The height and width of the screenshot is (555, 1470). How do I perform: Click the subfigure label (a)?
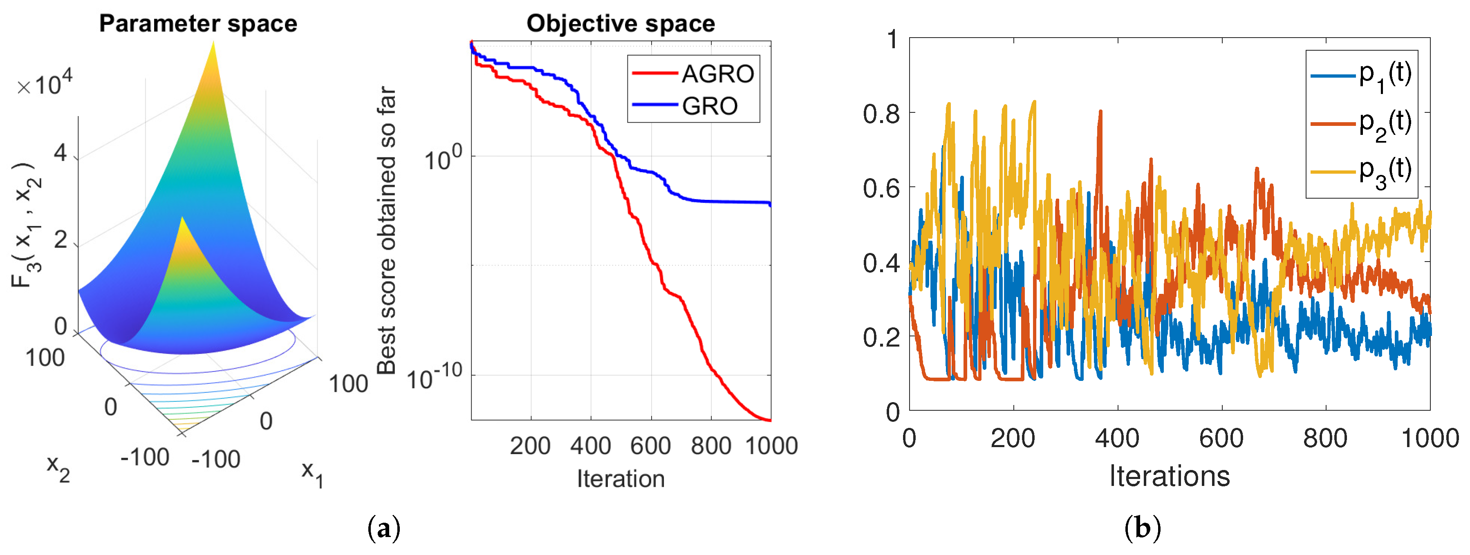[383, 528]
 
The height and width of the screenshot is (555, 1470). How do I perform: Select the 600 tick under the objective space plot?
[650, 445]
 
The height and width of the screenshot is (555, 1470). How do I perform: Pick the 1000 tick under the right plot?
[1430, 439]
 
